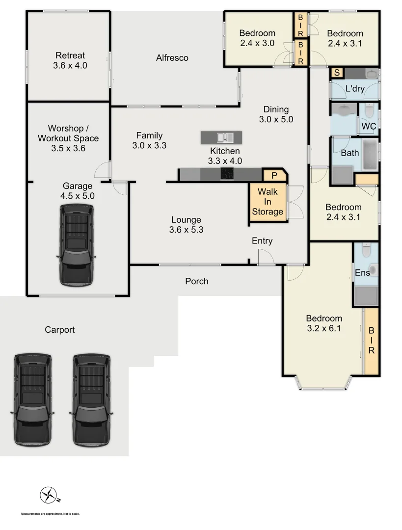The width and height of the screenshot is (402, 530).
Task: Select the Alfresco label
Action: (172, 58)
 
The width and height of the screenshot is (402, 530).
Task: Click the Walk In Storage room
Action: (268, 202)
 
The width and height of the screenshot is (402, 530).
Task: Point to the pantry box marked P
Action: (274, 175)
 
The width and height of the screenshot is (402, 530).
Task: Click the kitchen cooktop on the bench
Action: (228, 174)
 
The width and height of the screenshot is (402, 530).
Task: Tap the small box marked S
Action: (337, 73)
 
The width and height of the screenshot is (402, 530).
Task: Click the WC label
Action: (369, 126)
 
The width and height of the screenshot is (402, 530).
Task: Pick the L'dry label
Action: (354, 89)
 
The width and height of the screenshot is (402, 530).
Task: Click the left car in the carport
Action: (32, 400)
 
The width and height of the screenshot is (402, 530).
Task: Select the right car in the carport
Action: (91, 400)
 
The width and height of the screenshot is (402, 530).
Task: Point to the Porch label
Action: (196, 281)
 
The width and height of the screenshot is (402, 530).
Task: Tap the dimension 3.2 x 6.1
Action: (323, 328)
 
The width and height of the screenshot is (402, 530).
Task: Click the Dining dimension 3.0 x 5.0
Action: (276, 119)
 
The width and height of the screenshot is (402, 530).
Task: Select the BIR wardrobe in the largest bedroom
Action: (372, 341)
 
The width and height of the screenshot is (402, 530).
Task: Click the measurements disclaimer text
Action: (50, 514)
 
